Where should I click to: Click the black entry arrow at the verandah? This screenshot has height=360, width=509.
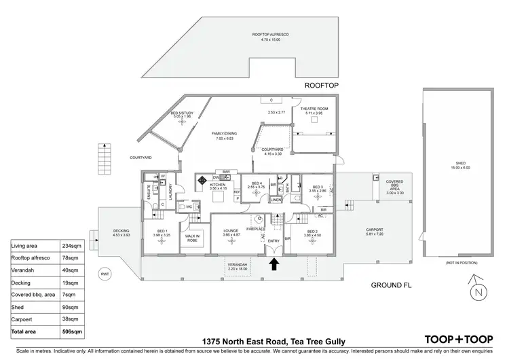click(x=275, y=264)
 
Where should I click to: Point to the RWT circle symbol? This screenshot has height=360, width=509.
click(x=105, y=274)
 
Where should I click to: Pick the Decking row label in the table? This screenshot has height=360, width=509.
click(x=24, y=282)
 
